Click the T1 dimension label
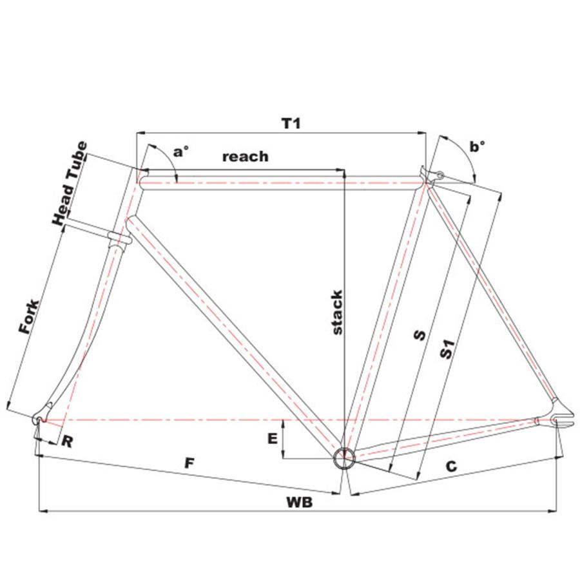292,123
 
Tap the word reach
245,157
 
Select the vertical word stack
336,313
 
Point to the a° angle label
181,152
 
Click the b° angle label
477,148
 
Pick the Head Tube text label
70,182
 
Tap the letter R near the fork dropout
66,441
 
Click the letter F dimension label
189,463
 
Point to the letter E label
273,439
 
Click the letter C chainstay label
451,467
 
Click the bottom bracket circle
344,458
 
